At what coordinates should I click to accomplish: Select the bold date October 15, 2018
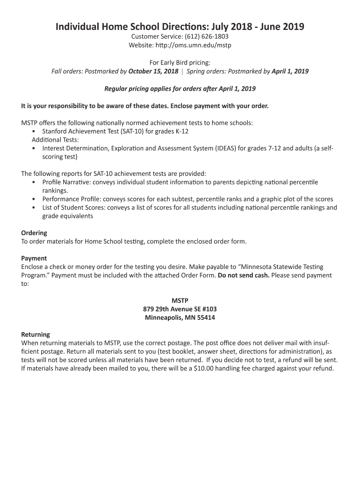tap(153, 72)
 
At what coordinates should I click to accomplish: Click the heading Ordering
tap(34, 233)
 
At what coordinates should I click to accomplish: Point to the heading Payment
tap(34, 258)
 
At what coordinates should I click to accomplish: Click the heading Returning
tap(36, 334)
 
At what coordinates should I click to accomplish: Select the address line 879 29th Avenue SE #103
tap(180, 309)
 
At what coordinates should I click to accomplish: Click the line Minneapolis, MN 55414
tap(180, 318)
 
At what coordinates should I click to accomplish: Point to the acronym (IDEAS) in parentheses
tap(226, 148)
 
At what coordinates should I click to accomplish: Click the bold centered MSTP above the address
tap(180, 300)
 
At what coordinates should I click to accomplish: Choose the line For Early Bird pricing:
tap(180, 62)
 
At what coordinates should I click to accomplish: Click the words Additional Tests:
tap(55, 140)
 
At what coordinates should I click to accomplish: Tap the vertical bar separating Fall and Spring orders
tap(182, 72)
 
